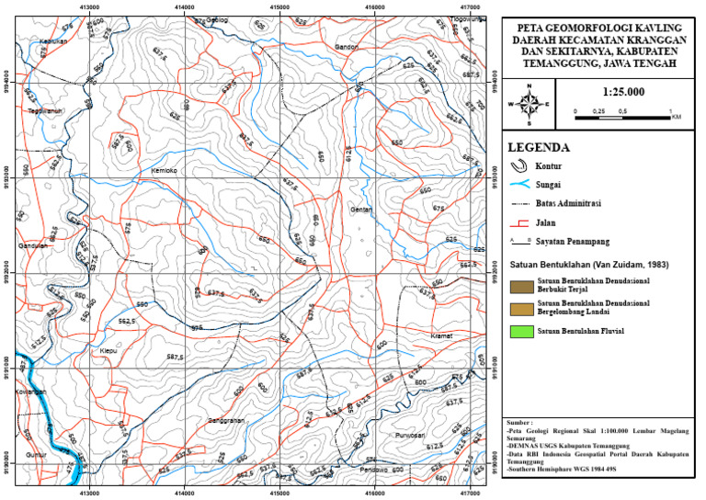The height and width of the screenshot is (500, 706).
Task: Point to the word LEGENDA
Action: coord(540,147)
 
